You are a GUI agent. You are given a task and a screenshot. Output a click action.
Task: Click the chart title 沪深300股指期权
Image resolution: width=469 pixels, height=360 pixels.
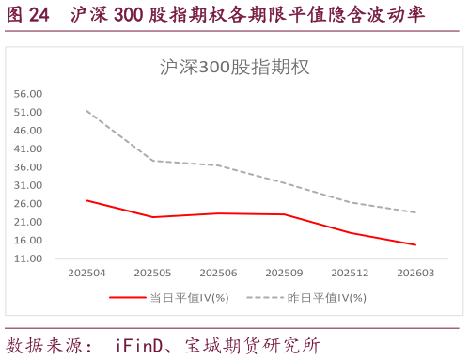pos(234,68)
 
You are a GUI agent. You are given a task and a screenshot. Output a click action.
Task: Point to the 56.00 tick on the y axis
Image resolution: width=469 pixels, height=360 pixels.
pos(28,94)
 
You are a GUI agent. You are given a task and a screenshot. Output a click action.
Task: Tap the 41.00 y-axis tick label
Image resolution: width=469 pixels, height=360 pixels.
pos(28,149)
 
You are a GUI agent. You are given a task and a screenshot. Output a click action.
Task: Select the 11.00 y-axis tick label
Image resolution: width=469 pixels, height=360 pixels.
pos(28,258)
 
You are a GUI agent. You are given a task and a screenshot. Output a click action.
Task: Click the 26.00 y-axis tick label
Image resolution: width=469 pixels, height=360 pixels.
pos(28,204)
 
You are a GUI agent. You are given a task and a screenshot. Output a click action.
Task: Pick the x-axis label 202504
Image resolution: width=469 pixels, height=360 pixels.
pos(86,273)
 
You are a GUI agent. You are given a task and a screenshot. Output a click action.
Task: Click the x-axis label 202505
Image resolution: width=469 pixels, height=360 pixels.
pos(152,273)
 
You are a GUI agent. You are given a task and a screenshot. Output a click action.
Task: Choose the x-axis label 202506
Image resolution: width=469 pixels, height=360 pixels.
pos(218,273)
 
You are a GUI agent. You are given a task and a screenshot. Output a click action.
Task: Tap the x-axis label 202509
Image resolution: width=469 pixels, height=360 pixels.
pos(284,273)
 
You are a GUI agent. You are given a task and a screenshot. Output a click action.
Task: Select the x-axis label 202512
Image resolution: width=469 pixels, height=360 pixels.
pos(350,273)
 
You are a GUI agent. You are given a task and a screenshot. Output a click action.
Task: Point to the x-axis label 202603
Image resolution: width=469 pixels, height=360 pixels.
pos(415,273)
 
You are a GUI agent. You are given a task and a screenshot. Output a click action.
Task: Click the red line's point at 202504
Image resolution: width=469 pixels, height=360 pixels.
pos(86,200)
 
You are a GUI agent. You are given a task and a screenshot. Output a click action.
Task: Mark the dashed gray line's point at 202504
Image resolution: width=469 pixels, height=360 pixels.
pos(86,111)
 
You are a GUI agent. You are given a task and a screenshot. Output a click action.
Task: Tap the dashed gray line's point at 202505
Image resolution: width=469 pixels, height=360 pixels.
pos(152,161)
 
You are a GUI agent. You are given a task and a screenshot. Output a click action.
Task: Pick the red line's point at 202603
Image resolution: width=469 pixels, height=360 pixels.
pos(415,244)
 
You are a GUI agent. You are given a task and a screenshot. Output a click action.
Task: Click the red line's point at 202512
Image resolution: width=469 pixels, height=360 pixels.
pos(350,233)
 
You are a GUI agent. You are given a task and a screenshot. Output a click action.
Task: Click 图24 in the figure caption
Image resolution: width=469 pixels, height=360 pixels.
pos(29,16)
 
